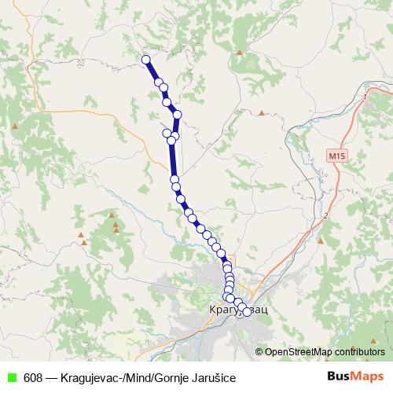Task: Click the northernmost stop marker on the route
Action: [145, 59]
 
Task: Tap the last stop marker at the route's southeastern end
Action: [247, 312]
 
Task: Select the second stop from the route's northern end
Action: [159, 83]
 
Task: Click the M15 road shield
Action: [336, 156]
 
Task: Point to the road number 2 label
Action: [325, 215]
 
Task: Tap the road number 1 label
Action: [365, 97]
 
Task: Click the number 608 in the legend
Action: [33, 377]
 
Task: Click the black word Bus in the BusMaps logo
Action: [340, 376]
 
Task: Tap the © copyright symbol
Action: [259, 352]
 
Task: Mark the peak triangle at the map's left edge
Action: [15, 124]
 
